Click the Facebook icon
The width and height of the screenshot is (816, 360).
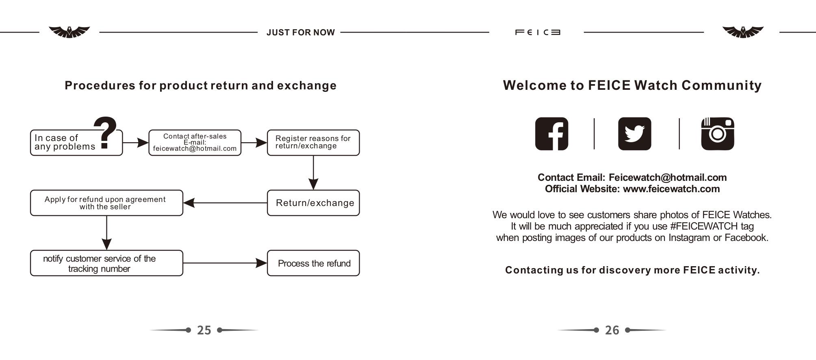coord(551,134)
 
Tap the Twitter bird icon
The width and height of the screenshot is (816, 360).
coord(634,134)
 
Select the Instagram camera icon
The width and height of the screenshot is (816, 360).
coord(718,134)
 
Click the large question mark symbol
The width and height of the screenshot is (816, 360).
coord(105,132)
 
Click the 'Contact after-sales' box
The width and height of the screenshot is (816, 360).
coord(195,143)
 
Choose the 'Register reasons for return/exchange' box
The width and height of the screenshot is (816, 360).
coord(313,143)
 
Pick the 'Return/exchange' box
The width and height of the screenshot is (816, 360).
coord(313,203)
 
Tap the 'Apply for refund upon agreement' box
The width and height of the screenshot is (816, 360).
coord(106,203)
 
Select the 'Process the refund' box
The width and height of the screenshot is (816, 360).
coord(313,263)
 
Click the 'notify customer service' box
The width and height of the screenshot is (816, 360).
coord(106,263)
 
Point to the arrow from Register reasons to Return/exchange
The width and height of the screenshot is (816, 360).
coord(313,173)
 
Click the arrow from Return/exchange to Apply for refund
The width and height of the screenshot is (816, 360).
coord(225,203)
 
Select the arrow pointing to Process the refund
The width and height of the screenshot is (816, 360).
coord(225,263)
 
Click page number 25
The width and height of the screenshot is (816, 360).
coord(204,330)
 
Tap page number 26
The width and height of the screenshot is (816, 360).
coord(612,330)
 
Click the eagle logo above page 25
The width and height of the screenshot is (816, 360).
coord(69,32)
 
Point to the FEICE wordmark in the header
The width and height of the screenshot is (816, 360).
coord(538,32)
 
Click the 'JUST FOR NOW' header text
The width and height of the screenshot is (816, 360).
coord(301,33)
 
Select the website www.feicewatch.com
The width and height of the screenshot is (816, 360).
coord(671,189)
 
